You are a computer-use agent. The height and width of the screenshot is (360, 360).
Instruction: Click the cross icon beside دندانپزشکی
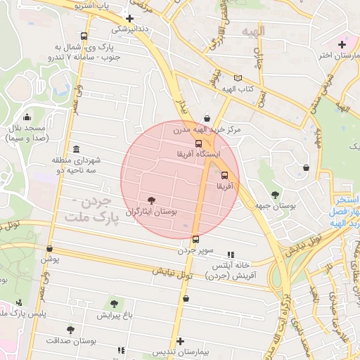click(129, 18)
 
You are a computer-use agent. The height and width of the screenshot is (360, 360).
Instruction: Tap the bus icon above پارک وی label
click(84, 37)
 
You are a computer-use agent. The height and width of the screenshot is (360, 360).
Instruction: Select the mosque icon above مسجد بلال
click(27, 117)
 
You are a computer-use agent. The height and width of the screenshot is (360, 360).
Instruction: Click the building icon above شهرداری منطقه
click(76, 149)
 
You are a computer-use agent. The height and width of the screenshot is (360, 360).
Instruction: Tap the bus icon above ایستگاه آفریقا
click(198, 143)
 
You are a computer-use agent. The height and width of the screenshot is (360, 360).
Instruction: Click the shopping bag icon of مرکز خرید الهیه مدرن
click(206, 118)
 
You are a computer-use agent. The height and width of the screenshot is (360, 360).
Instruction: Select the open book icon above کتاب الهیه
click(238, 78)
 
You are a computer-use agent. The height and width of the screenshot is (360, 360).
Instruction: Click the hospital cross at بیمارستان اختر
click(342, 44)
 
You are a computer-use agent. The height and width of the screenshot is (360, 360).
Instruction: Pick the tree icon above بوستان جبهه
click(274, 195)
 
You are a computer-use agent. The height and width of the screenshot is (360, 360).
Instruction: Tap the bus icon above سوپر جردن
click(195, 239)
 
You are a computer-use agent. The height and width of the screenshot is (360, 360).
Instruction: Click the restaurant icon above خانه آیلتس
click(230, 255)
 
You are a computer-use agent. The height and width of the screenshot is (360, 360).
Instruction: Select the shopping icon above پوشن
click(49, 248)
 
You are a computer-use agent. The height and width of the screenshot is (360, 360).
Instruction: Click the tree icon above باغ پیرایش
click(114, 304)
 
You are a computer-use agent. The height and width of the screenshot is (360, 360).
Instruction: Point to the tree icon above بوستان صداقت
click(70, 329)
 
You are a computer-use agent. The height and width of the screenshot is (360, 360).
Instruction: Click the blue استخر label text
click(345, 200)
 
